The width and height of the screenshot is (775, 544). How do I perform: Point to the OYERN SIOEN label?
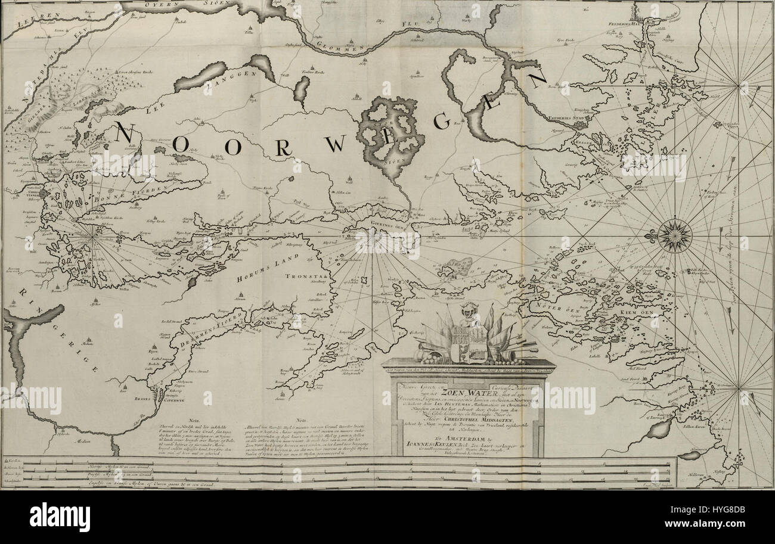[x=176, y=5]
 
